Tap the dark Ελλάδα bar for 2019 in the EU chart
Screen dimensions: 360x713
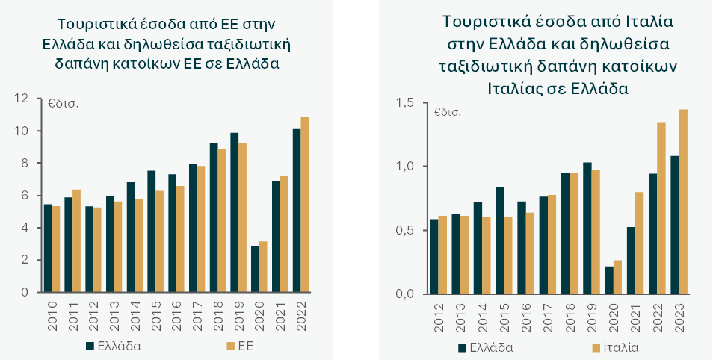[234, 213]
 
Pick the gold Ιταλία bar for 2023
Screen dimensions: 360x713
[683, 202]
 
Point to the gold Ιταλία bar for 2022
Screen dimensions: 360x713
[661, 208]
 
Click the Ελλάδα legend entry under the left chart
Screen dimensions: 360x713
[112, 346]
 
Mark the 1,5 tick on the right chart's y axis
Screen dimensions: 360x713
[408, 102]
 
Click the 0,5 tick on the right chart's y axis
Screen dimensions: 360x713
[408, 230]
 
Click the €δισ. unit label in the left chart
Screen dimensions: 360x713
[64, 103]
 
